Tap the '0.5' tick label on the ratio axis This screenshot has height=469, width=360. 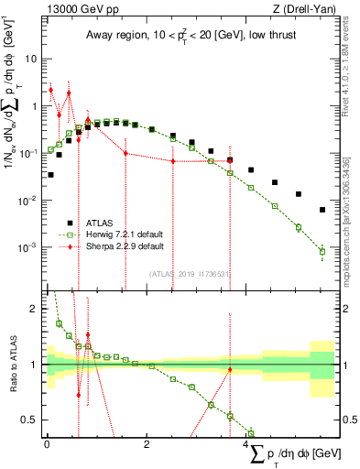(32, 420)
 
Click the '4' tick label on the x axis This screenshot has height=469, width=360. (246, 443)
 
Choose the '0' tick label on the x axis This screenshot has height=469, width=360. (47, 443)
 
